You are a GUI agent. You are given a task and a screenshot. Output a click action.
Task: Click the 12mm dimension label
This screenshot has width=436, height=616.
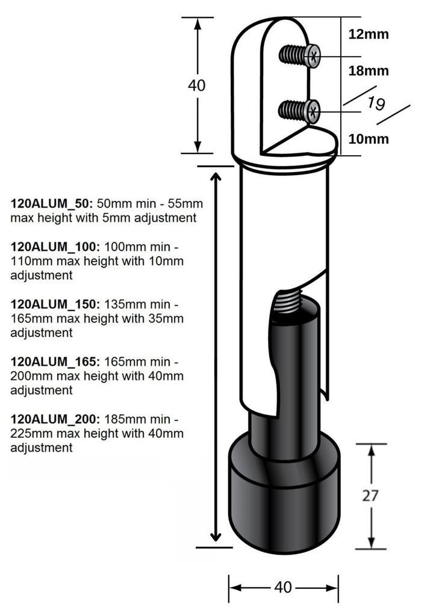pos(369,34)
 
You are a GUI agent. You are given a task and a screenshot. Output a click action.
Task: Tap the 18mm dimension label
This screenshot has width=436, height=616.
pos(369,71)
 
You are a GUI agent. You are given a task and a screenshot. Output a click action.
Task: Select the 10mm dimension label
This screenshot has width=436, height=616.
pos(369,139)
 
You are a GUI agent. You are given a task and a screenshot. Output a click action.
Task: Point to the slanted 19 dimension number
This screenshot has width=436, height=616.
pos(376,103)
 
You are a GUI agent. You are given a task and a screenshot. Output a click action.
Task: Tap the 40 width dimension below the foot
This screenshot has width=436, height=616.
pos(282,587)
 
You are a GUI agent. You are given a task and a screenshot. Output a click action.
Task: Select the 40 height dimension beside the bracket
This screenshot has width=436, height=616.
pos(196,85)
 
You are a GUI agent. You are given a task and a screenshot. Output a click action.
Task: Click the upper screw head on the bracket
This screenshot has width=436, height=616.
pos(313,57)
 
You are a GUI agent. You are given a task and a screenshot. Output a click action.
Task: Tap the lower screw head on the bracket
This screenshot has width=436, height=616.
pos(313,111)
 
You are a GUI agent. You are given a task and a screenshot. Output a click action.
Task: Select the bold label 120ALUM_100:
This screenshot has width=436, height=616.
pos(55,247)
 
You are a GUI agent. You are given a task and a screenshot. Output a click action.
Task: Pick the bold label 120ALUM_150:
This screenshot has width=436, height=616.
pos(55,304)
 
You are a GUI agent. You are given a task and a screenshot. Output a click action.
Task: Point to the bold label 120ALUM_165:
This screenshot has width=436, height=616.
pos(55,362)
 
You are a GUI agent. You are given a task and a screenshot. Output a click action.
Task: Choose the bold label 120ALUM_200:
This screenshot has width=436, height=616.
pos(55,419)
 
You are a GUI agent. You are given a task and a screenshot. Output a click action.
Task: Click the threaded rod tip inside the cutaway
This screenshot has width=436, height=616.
pos(288,301)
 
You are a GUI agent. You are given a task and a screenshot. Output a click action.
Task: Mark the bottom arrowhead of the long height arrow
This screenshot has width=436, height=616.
pos(215,537)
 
